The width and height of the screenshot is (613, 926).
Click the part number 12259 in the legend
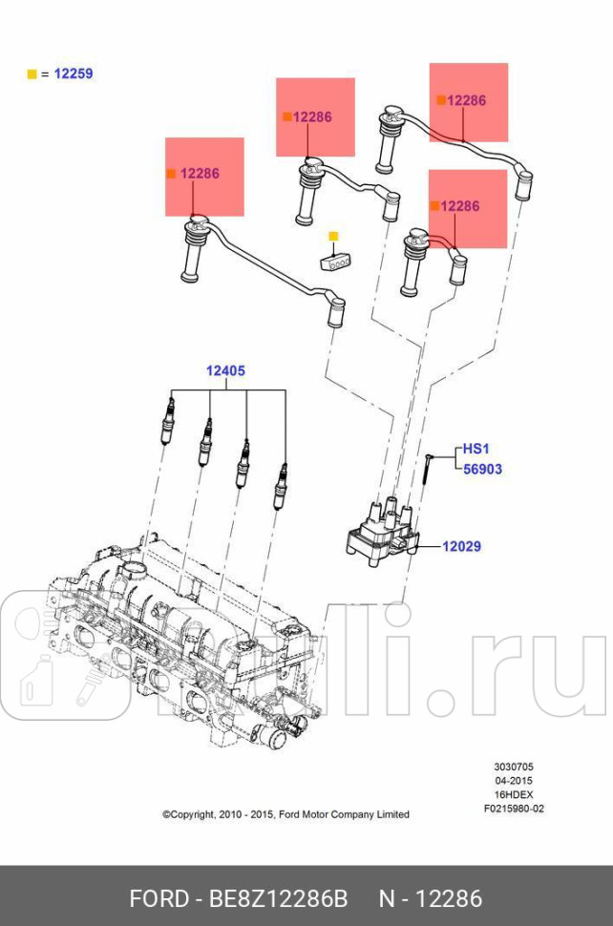74,74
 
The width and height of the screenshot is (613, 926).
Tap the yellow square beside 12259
32,74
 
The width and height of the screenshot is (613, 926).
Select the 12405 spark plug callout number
226,371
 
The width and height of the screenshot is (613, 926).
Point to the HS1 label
476,448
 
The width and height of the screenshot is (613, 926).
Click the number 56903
482,470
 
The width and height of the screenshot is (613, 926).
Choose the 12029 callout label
461,547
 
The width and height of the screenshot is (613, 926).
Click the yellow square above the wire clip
333,236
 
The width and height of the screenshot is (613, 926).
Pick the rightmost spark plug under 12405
281,486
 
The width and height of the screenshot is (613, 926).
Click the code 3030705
513,767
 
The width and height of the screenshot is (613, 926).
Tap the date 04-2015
513,780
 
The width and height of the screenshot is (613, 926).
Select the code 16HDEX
513,794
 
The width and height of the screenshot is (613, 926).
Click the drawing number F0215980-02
513,809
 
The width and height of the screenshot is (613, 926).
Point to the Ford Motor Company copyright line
285,814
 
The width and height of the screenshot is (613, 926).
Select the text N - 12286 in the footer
431,898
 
